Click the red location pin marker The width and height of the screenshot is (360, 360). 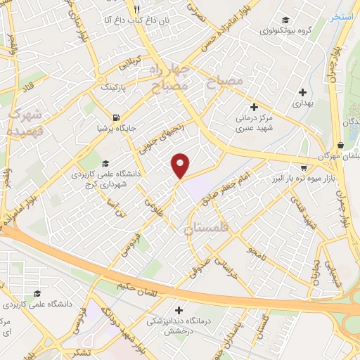tap(181, 166)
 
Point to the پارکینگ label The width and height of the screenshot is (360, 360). tap(117, 87)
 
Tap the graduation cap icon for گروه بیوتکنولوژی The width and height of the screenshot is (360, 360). tap(285, 20)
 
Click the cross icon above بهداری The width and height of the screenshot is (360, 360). tap(302, 91)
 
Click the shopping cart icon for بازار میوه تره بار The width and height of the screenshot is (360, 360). tap(303, 168)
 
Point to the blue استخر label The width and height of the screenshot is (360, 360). tap(342, 16)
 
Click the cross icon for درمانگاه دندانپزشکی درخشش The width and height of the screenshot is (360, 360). tap(179, 309)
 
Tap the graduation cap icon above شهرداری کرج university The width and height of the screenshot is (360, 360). tap(104, 163)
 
